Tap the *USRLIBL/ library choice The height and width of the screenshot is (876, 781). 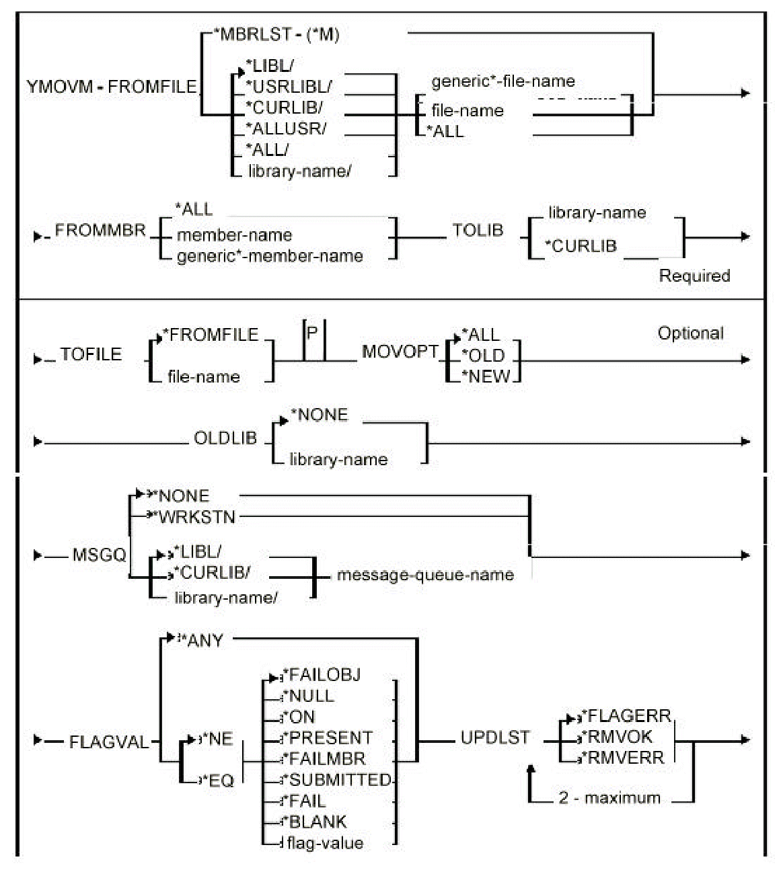(x=289, y=87)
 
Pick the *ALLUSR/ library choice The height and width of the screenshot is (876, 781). (x=286, y=128)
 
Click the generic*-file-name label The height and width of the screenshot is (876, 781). (x=503, y=82)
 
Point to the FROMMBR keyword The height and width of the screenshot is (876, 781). (x=100, y=231)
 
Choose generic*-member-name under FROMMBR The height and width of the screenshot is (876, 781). (x=269, y=256)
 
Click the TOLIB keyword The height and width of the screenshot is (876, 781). (x=478, y=230)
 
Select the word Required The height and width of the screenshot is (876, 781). (x=694, y=276)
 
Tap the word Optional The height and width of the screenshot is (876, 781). (x=691, y=333)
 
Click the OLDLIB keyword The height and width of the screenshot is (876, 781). (x=225, y=438)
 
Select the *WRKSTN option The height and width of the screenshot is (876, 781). (x=196, y=517)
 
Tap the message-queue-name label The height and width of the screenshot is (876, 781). (x=425, y=575)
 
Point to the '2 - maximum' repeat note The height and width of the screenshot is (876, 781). (x=609, y=799)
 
